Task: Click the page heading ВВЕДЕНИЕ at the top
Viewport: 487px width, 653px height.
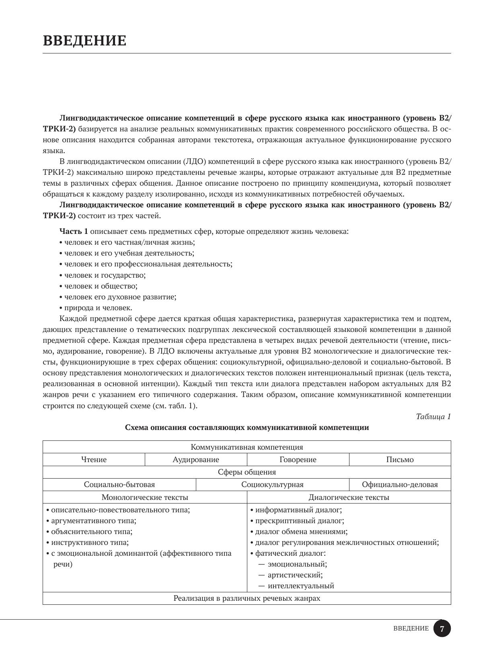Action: pos(84,41)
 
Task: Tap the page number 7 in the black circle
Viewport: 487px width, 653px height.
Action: pos(442,629)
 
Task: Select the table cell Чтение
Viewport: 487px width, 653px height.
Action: pos(94,460)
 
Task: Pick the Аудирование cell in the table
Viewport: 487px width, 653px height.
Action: pos(196,460)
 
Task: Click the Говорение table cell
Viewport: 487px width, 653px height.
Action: pos(298,460)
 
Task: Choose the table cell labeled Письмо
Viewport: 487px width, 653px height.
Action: pos(400,460)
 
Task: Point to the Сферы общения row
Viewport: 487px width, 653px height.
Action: pos(247,472)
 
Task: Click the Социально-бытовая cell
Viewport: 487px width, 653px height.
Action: pos(119,485)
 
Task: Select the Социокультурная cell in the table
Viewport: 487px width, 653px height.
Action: pos(272,485)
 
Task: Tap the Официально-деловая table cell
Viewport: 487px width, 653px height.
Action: pos(400,485)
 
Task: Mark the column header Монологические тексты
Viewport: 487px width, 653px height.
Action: pos(145,497)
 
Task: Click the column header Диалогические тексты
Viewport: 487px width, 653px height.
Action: pos(349,497)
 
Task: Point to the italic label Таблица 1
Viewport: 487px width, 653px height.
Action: pos(434,417)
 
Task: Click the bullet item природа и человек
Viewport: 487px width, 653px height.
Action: pos(98,308)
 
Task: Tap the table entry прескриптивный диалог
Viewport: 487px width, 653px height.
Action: pos(300,521)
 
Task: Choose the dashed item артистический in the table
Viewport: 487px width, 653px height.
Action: pos(295,575)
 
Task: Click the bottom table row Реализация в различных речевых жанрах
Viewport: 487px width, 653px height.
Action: pos(247,598)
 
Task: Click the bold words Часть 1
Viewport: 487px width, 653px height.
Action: pos(74,232)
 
